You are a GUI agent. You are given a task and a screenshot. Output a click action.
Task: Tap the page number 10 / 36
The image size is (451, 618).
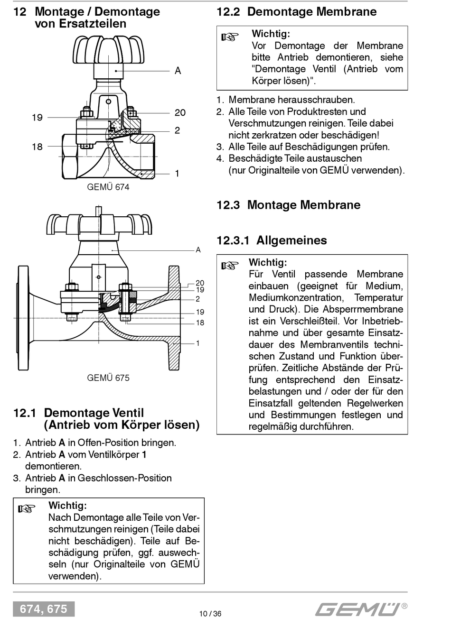pyautogui.click(x=210, y=613)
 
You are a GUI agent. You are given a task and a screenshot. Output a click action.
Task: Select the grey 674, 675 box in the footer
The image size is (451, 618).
pyautogui.click(x=44, y=609)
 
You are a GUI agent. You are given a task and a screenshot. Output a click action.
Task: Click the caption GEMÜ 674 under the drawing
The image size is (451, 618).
pyautogui.click(x=108, y=187)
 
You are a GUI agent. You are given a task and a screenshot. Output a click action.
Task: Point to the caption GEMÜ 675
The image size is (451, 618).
pyautogui.click(x=108, y=378)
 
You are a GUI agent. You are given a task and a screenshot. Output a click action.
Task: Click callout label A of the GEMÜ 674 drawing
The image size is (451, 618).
pyautogui.click(x=178, y=71)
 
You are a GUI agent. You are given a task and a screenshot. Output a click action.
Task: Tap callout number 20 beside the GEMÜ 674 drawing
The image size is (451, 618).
pyautogui.click(x=180, y=112)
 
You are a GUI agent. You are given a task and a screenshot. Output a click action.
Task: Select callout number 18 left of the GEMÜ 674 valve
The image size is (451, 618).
pyautogui.click(x=37, y=147)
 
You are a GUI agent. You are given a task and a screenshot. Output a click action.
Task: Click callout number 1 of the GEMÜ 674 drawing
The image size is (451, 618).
pyautogui.click(x=177, y=174)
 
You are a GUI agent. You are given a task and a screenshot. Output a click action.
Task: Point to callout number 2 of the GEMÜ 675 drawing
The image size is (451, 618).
pyautogui.click(x=197, y=299)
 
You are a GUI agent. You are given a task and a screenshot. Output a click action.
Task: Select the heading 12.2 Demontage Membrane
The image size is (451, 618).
pyautogui.click(x=297, y=12)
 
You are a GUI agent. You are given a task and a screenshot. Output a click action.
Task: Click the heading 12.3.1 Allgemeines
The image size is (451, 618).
pyautogui.click(x=272, y=240)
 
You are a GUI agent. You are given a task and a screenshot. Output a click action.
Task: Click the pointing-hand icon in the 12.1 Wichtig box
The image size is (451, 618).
pyautogui.click(x=27, y=509)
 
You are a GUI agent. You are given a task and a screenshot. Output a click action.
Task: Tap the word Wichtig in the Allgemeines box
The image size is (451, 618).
pyautogui.click(x=268, y=262)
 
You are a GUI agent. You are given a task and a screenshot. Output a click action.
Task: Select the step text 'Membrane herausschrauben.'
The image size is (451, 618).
pyautogui.click(x=291, y=100)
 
